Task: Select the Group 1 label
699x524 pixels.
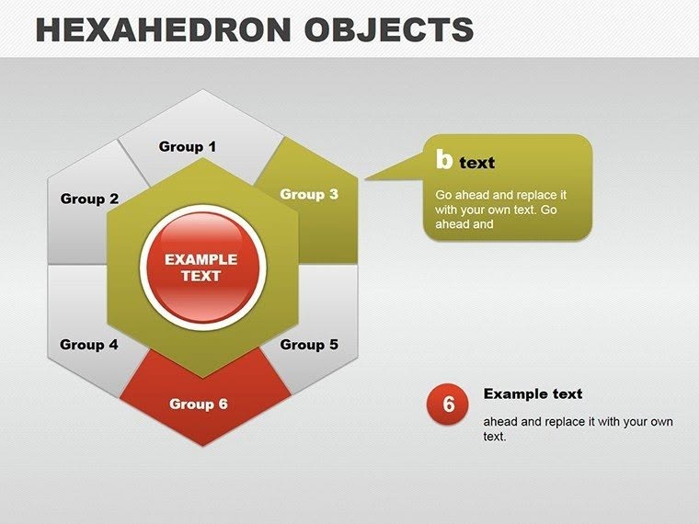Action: click(188, 146)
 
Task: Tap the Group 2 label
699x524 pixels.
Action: click(89, 199)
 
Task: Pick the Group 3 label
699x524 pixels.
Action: click(309, 194)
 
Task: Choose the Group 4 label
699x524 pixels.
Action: click(89, 345)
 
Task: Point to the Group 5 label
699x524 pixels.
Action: click(309, 345)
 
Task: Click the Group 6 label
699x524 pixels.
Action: click(199, 404)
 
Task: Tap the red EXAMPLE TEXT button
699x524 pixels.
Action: click(201, 268)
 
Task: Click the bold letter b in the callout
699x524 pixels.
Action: click(444, 161)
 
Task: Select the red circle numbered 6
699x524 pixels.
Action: click(449, 404)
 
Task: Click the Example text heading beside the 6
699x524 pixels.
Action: click(533, 393)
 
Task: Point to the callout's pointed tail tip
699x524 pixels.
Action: click(366, 179)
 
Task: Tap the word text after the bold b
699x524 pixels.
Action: click(477, 164)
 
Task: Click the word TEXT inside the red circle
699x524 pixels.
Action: click(201, 276)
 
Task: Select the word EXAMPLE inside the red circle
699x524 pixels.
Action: click(201, 259)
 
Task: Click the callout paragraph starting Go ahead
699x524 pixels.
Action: click(501, 210)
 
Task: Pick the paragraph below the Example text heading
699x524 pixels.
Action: click(579, 428)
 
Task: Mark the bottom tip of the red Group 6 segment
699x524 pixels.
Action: click(202, 447)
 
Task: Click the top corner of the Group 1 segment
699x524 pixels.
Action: click(202, 90)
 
